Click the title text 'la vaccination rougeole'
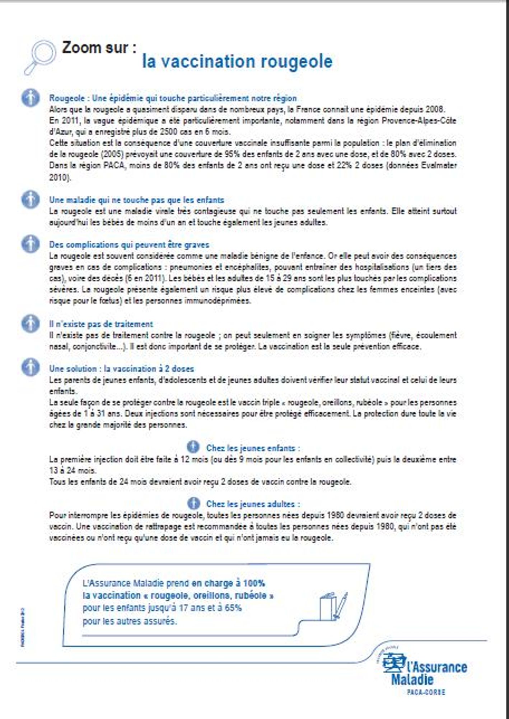coord(237,61)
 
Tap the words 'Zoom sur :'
coord(99,48)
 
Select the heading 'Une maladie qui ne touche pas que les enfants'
coord(136,200)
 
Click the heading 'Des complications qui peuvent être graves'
coord(129,245)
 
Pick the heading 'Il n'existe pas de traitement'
coord(101,324)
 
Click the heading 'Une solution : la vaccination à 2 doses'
coord(121,369)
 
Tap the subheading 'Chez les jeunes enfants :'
coord(253,448)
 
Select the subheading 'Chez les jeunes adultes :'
coord(253,504)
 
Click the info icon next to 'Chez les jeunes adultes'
coord(193,503)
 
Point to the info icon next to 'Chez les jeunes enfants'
coord(193,447)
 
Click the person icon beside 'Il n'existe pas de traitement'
coord(31,324)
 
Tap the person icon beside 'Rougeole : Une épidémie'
coord(31,98)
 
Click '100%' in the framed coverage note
coord(254,583)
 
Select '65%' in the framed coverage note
coord(233,608)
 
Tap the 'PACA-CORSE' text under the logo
coord(426,692)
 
